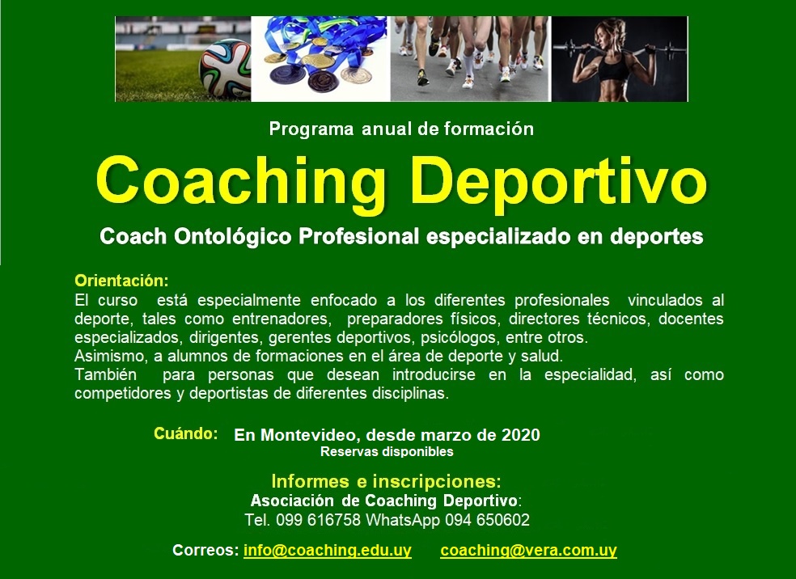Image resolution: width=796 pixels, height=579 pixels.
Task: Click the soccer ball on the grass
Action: click(x=225, y=68)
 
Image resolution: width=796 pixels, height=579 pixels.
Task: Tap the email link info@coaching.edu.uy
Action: click(x=328, y=550)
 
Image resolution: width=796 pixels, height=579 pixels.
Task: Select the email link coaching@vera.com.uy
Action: click(x=528, y=550)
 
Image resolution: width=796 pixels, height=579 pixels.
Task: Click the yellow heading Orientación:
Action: click(x=121, y=281)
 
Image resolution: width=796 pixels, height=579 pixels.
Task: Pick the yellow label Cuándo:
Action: click(x=186, y=433)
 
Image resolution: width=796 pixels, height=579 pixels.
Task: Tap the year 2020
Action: click(x=521, y=435)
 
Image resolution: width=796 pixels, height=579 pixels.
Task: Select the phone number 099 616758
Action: click(x=318, y=520)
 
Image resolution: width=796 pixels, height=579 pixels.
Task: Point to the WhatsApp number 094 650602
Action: click(x=487, y=520)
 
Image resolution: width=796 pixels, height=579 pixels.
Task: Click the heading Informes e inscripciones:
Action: click(x=387, y=480)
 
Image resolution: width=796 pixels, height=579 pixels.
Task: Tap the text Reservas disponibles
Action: click(x=387, y=451)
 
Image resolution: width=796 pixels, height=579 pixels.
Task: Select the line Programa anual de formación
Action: click(x=401, y=129)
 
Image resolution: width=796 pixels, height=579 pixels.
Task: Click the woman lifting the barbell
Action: click(x=616, y=60)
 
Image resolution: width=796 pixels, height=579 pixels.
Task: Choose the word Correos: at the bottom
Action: click(x=205, y=550)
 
